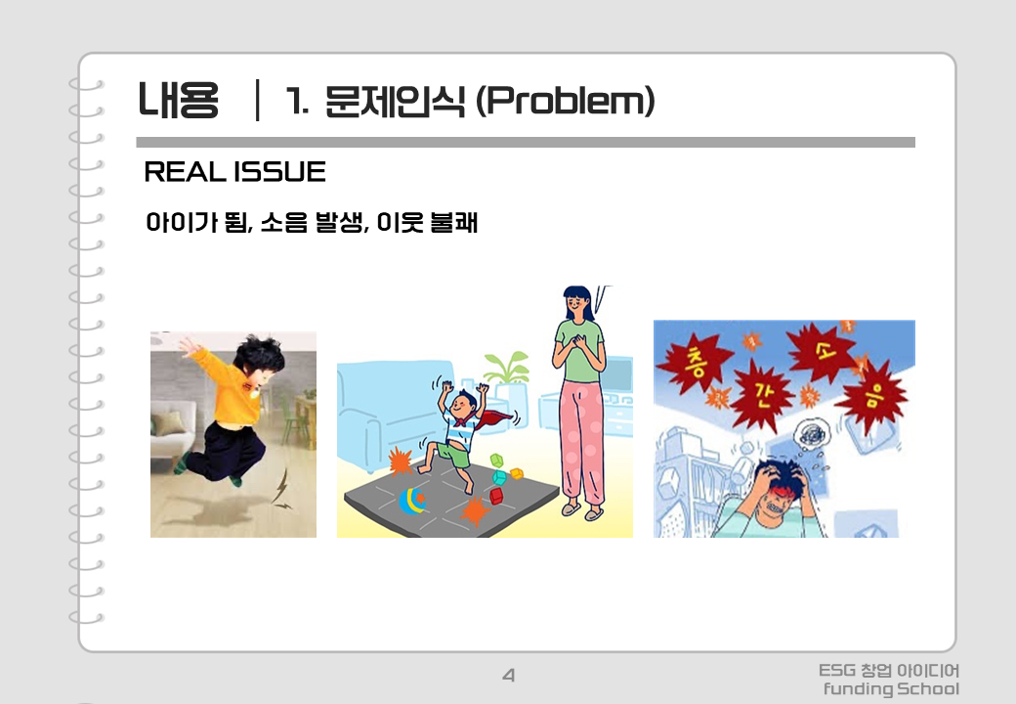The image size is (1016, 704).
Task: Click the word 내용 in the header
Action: click(178, 100)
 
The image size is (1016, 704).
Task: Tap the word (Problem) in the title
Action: click(566, 101)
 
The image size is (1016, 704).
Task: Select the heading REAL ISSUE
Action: click(234, 172)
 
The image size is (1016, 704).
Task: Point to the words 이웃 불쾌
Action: click(427, 222)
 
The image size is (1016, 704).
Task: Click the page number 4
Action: click(509, 676)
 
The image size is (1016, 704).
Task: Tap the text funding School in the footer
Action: click(891, 688)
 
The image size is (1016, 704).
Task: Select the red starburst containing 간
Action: click(762, 394)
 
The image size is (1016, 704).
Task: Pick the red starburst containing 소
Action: click(824, 353)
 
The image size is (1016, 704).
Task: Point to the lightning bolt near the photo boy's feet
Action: click(281, 488)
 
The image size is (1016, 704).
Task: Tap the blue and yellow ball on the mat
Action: click(411, 501)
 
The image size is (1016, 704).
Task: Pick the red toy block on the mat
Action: click(496, 496)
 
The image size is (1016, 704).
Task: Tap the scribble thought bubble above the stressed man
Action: click(811, 434)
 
